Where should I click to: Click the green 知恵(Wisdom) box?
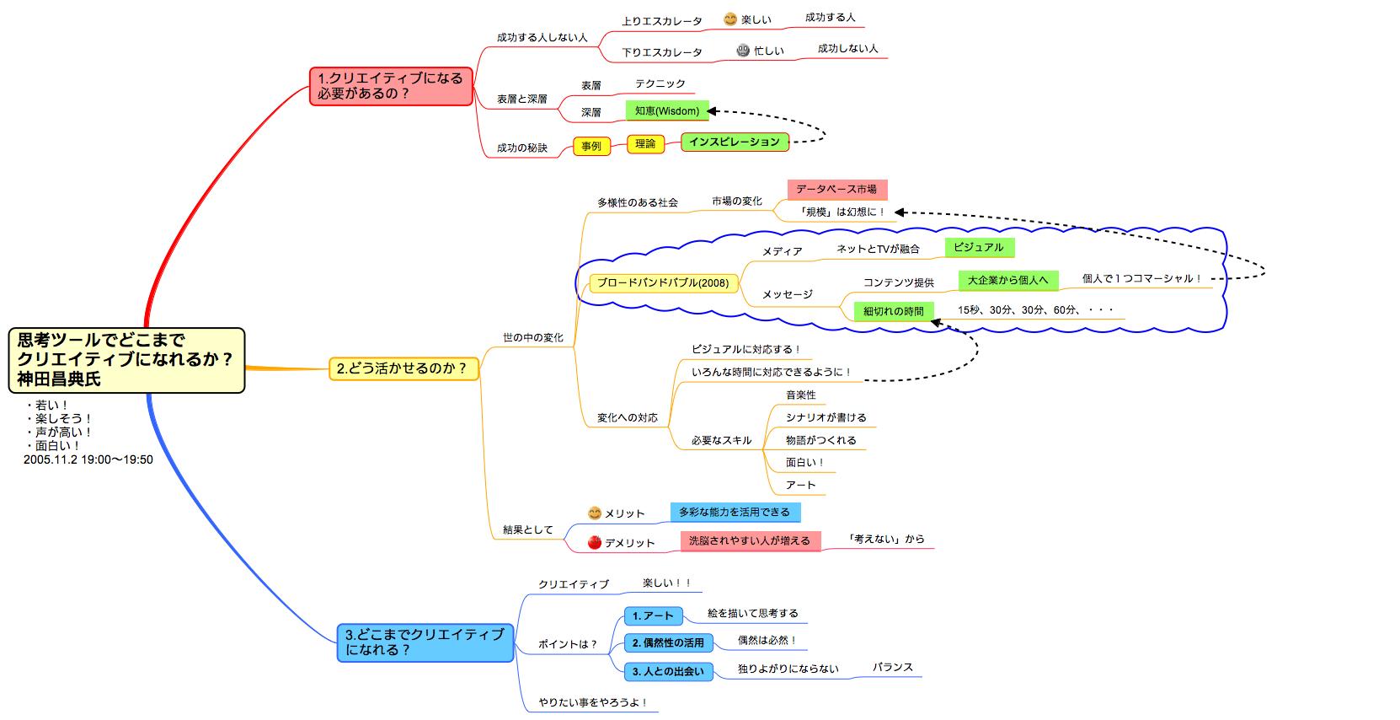(667, 111)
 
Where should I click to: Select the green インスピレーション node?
(735, 142)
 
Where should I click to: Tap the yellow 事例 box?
(591, 147)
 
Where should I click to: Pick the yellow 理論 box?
(645, 144)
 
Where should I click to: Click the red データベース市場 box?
(836, 190)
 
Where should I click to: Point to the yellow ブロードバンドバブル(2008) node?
(663, 283)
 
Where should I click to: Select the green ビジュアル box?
(979, 248)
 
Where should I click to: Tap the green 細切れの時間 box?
(893, 311)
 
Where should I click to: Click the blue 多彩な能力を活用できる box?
(735, 512)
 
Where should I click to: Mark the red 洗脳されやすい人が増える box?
(750, 540)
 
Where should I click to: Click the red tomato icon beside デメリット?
(595, 542)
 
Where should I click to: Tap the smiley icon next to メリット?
(595, 513)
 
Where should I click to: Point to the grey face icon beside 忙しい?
(743, 51)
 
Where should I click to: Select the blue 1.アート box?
(653, 616)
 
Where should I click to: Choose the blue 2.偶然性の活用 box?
(668, 643)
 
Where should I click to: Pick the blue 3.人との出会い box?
(668, 672)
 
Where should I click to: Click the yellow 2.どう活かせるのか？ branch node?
(403, 369)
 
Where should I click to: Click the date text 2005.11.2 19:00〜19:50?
(88, 459)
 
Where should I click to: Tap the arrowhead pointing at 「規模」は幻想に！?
(900, 212)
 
